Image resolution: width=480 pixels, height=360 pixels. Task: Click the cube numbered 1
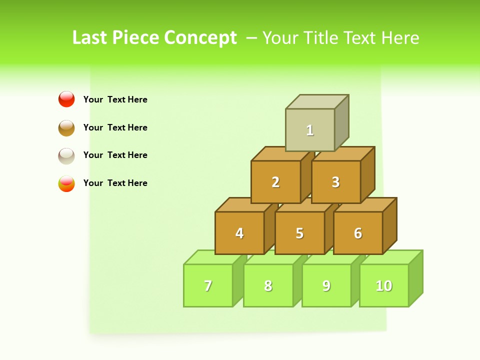310,130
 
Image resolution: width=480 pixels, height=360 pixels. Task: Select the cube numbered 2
275,182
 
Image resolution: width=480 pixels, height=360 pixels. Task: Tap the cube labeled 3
335,182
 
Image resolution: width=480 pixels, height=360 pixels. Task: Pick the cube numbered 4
239,233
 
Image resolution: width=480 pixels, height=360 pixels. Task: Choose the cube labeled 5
299,233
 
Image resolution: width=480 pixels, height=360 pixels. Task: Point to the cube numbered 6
358,233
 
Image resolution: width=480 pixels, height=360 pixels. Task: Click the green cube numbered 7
208,285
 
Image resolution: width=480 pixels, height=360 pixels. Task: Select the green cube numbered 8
268,285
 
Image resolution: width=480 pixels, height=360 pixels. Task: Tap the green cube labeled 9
326,285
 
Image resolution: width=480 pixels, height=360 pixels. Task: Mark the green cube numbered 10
384,285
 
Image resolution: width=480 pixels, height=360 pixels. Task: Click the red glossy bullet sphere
66,99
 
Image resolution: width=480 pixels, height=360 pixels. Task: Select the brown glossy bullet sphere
66,127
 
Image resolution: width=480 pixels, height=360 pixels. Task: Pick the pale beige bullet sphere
66,155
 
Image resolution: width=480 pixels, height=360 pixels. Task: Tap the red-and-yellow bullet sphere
66,183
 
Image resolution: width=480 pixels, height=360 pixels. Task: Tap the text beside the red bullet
115,99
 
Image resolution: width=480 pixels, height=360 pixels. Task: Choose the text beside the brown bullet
115,127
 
